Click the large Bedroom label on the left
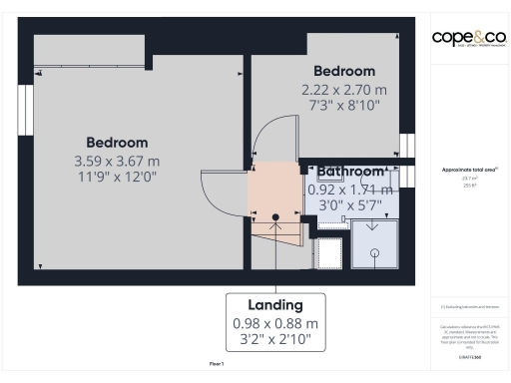pyautogui.click(x=117, y=143)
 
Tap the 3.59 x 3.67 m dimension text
pyautogui.click(x=117, y=161)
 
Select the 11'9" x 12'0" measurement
pyautogui.click(x=117, y=177)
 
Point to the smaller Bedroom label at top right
pyautogui.click(x=344, y=72)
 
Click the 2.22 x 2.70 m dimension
pyautogui.click(x=344, y=89)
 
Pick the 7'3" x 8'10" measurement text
pyautogui.click(x=344, y=105)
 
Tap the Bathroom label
pyautogui.click(x=351, y=172)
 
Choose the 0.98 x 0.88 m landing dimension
pyautogui.click(x=275, y=323)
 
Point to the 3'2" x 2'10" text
pyautogui.click(x=275, y=340)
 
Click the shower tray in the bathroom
pyautogui.click(x=373, y=243)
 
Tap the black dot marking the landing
pyautogui.click(x=276, y=215)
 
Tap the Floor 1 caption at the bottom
pyautogui.click(x=217, y=365)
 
